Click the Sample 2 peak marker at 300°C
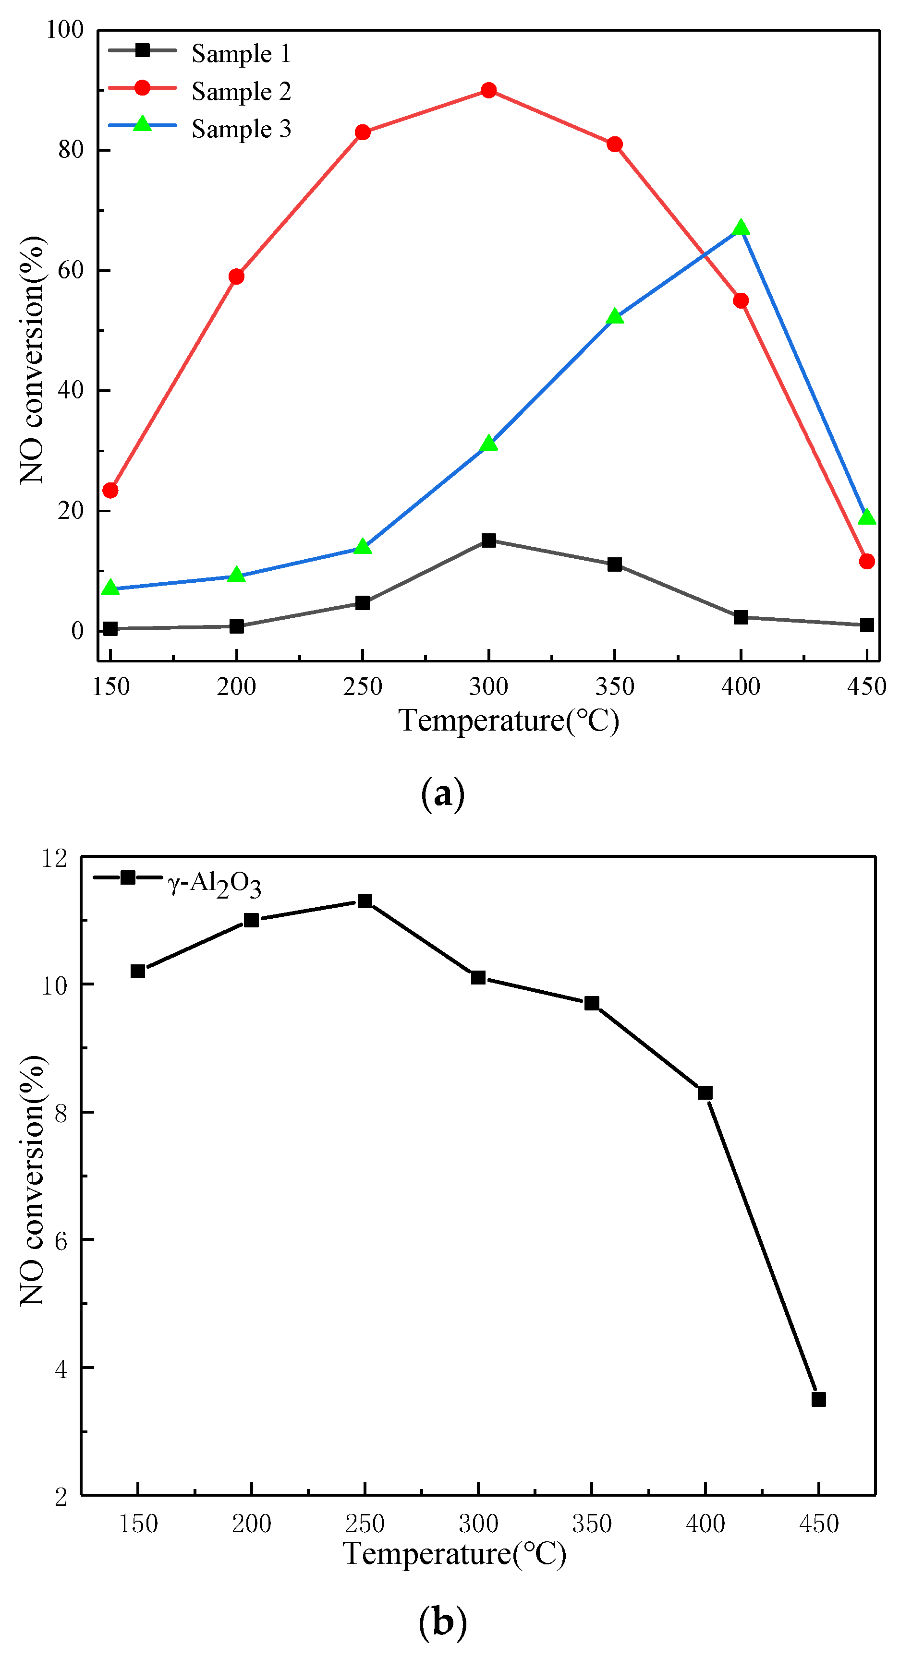point(488,90)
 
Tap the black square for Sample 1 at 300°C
point(488,540)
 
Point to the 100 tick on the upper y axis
point(64,30)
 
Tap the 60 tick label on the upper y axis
point(70,270)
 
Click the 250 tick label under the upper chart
point(363,687)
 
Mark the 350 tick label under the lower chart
point(592,1524)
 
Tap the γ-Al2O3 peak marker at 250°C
point(365,901)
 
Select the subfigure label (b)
point(442,1621)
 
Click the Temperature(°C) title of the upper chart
point(509,720)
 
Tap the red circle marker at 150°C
point(111,491)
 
